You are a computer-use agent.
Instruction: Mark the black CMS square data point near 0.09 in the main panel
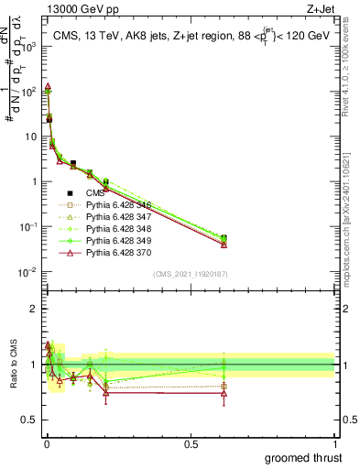[73, 163]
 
